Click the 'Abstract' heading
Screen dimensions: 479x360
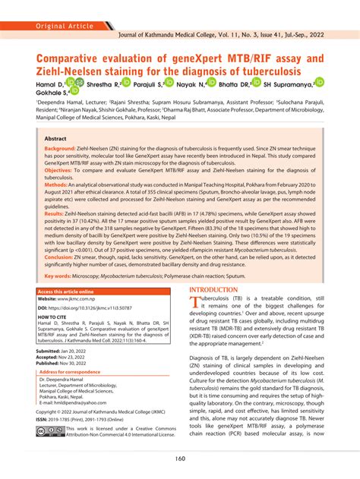(x=55, y=139)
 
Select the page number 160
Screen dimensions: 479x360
(x=179, y=457)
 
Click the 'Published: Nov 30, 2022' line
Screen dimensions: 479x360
(x=70, y=364)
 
